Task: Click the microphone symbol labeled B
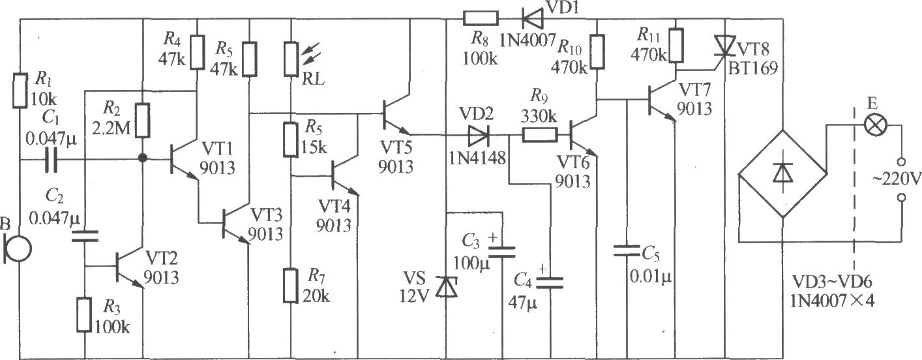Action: (x=18, y=248)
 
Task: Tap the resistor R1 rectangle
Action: (x=20, y=91)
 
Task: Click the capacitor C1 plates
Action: (x=51, y=160)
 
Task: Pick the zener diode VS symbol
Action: (x=447, y=287)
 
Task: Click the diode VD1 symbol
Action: (x=532, y=18)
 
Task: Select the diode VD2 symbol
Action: (x=479, y=135)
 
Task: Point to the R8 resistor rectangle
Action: (x=481, y=18)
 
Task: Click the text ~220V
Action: (x=897, y=179)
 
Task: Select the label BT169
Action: (x=753, y=68)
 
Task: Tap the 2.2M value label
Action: (x=111, y=128)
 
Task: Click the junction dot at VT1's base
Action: (x=142, y=158)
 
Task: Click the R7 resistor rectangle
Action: (x=291, y=286)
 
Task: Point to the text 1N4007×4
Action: (x=832, y=301)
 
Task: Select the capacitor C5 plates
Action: (x=627, y=250)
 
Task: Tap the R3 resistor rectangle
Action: (x=84, y=315)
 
